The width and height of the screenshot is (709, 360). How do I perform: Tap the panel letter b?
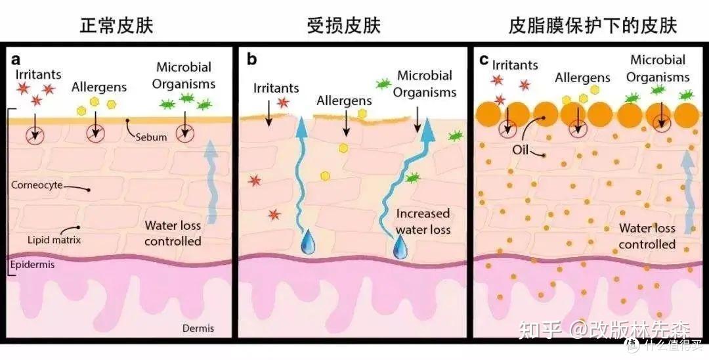point(252,60)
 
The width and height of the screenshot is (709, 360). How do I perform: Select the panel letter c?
point(484,59)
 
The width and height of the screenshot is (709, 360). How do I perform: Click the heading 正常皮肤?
point(117,26)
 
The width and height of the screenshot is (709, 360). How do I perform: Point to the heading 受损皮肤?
point(343,26)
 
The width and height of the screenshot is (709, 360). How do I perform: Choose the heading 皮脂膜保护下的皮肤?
point(593,26)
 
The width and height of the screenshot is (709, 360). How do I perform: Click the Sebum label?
point(151,137)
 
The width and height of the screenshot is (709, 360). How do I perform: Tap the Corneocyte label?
point(37,185)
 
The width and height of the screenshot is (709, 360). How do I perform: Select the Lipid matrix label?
point(54,240)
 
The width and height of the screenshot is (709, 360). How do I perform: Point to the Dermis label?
point(198,328)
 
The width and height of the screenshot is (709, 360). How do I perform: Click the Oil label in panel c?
point(520,149)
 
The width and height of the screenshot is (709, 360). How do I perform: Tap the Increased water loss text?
point(423,221)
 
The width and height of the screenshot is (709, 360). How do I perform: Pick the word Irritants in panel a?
point(39,74)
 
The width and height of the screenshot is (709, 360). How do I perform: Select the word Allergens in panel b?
point(344,100)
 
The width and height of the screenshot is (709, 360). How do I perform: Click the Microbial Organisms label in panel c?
point(658,68)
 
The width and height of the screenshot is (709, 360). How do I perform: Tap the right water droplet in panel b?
point(400,248)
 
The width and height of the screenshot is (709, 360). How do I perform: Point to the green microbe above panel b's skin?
point(383,83)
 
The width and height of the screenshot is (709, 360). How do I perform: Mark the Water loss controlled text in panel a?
point(173,233)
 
